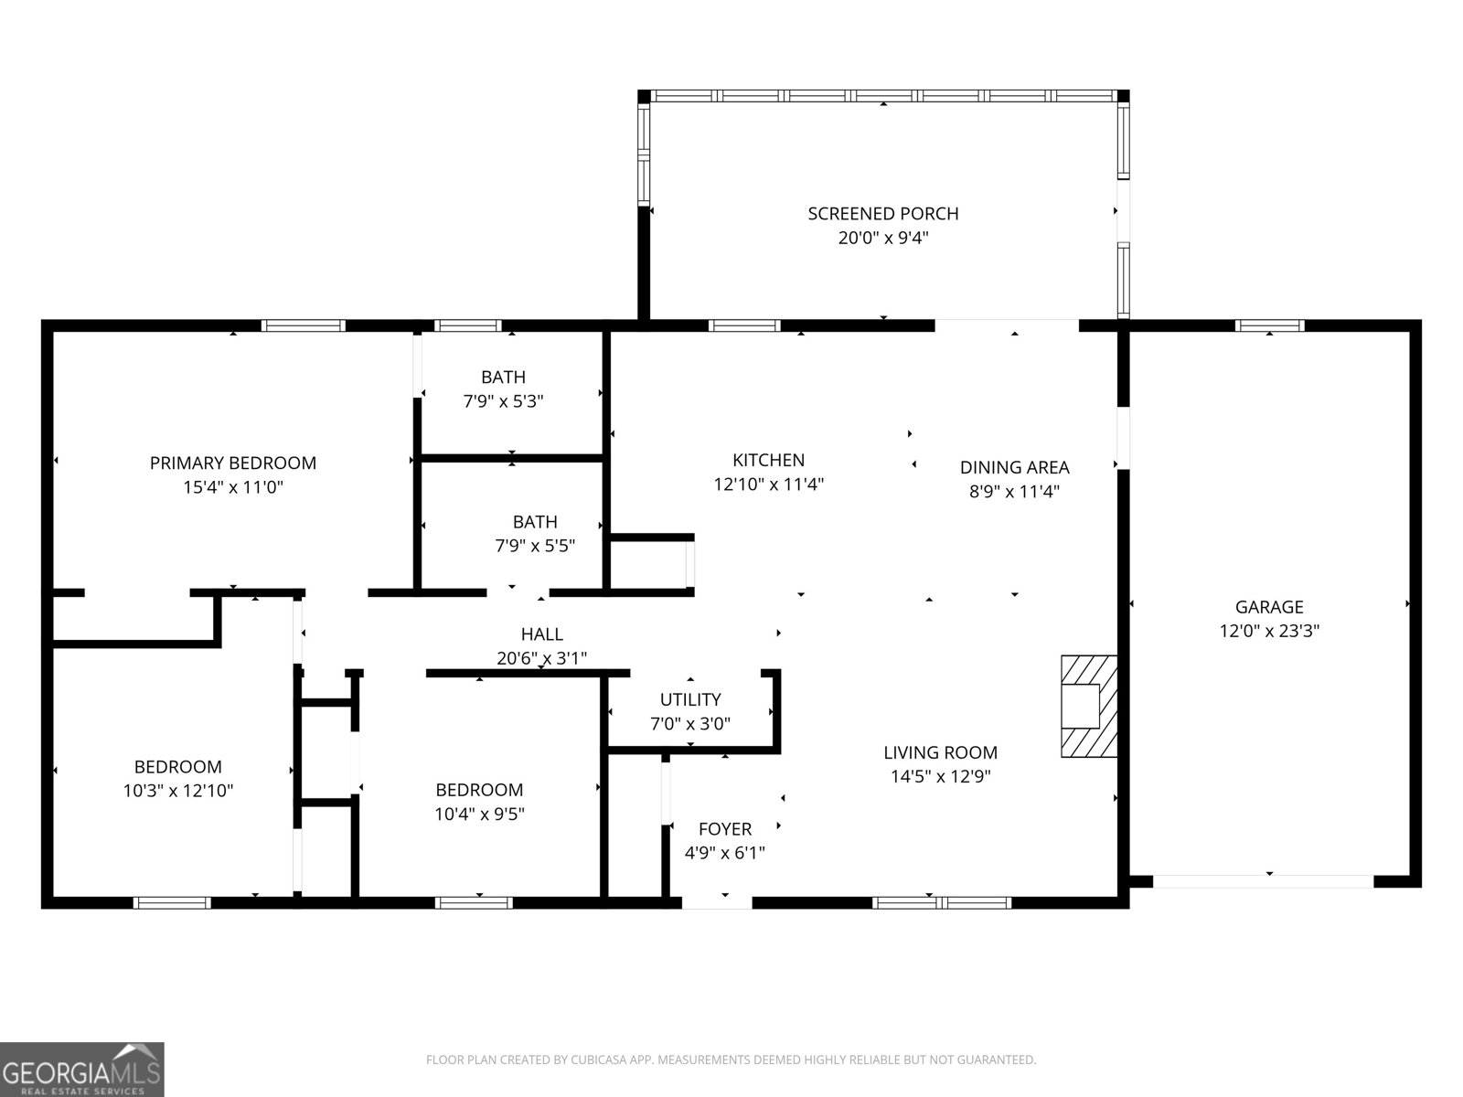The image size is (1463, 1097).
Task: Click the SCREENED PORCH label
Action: [883, 214]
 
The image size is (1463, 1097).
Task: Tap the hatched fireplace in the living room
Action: [1088, 706]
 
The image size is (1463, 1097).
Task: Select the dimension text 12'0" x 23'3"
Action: [1269, 631]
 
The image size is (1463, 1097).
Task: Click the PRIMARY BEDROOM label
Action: [233, 463]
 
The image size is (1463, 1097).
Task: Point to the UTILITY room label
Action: [690, 699]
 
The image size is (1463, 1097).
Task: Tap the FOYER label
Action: [724, 829]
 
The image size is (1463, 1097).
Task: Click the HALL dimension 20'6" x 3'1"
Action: [541, 657]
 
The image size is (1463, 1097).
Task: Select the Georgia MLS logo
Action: [81, 1069]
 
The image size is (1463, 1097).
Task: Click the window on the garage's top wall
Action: [1269, 325]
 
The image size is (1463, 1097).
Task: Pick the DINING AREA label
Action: [1014, 467]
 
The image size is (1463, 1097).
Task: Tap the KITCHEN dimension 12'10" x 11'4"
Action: [769, 485]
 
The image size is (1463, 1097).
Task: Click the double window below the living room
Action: [942, 903]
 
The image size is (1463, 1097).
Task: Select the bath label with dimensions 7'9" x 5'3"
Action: [503, 377]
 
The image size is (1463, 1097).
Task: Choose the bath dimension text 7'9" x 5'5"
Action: [535, 547]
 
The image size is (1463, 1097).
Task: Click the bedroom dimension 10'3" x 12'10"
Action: [178, 791]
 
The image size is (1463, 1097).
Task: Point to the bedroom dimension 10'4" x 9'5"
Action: [479, 814]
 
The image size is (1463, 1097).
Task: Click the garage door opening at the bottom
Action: [1263, 881]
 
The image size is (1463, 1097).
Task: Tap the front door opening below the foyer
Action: [717, 903]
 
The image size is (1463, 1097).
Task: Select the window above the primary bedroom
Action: [303, 325]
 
